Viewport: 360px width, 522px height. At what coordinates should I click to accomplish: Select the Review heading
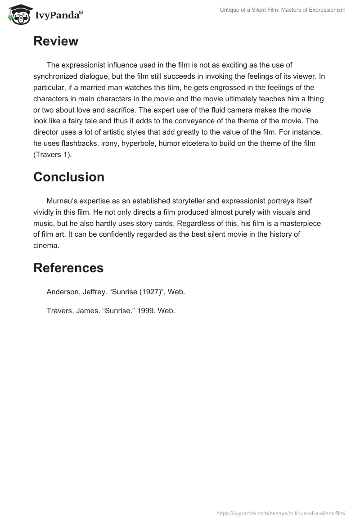tap(56, 41)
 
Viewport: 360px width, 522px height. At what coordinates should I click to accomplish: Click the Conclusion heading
tap(69, 177)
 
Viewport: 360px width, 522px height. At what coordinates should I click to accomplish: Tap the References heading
tap(68, 268)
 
